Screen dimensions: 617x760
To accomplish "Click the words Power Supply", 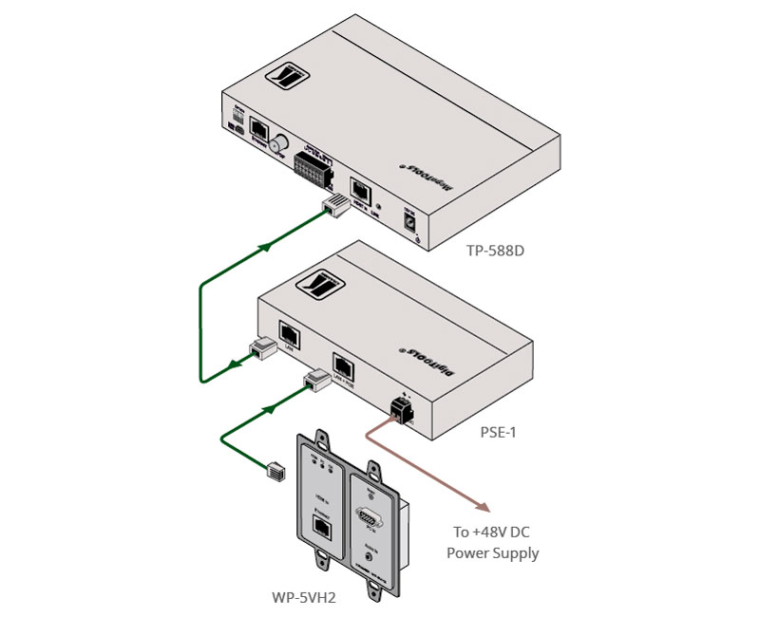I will click(x=493, y=552).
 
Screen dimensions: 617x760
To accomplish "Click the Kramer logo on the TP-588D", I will click(x=288, y=76).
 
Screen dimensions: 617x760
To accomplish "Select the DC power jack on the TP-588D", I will click(x=410, y=223).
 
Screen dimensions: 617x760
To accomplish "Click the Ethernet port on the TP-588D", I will click(x=258, y=131).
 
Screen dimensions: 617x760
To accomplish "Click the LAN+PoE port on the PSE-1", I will click(x=344, y=366).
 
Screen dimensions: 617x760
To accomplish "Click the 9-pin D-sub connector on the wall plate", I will click(x=369, y=518).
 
